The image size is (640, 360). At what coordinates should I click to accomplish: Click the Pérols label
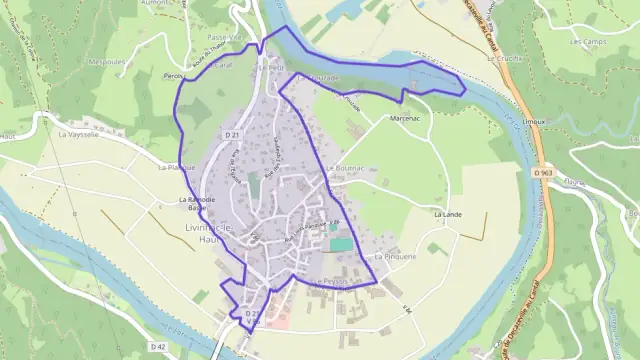pyautogui.click(x=176, y=76)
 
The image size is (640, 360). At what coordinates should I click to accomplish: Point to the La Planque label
pyautogui.click(x=176, y=167)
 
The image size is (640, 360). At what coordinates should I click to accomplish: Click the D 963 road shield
pyautogui.click(x=543, y=172)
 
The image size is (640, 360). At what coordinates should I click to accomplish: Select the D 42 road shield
pyautogui.click(x=157, y=347)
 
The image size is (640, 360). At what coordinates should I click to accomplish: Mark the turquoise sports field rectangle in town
pyautogui.click(x=341, y=244)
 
